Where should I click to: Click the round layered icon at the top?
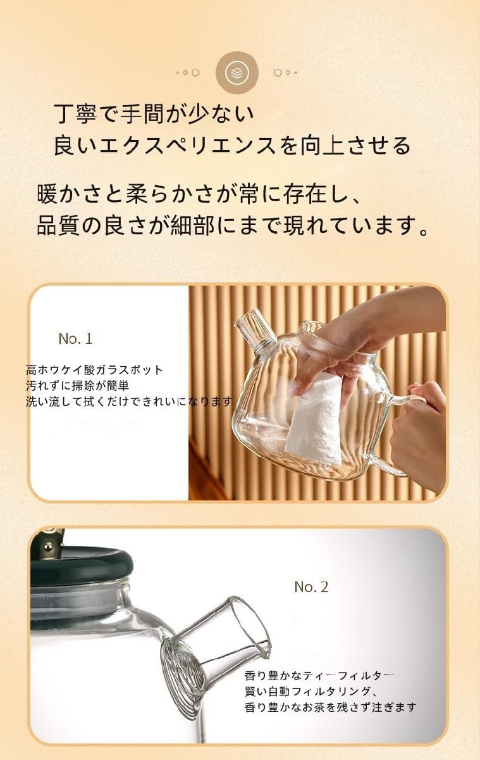[x=237, y=73]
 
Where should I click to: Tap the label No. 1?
[x=75, y=339]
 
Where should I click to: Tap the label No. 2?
[x=311, y=587]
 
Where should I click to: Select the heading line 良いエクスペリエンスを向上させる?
[x=232, y=146]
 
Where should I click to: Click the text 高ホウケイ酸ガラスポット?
[x=95, y=370]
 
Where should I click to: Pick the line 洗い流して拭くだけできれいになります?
[x=129, y=401]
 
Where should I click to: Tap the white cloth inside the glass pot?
[x=316, y=415]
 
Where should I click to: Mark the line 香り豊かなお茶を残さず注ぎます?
[x=330, y=707]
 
